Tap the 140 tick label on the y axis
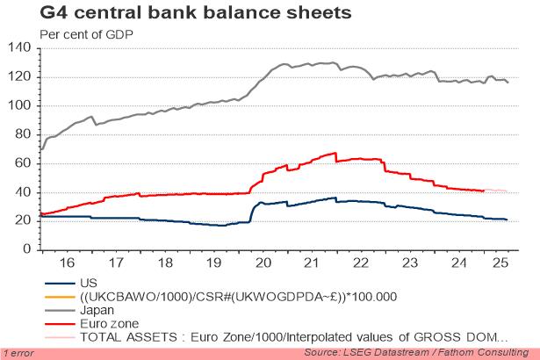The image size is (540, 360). (20, 48)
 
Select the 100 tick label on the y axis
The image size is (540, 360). (20, 105)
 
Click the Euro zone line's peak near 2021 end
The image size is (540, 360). (335, 153)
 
